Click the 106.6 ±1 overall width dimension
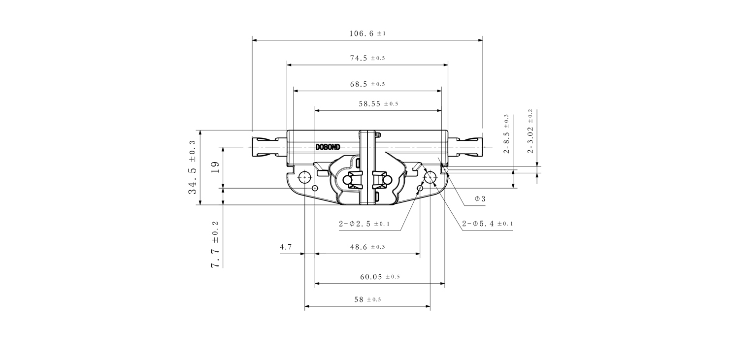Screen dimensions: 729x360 click(x=367, y=33)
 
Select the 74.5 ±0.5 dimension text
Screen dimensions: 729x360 click(x=367, y=58)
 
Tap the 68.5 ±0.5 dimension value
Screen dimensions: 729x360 click(x=367, y=84)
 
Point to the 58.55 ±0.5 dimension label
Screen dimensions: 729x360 click(x=378, y=104)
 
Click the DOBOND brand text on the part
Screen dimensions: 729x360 click(x=328, y=147)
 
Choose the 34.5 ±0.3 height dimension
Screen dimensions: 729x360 click(x=192, y=167)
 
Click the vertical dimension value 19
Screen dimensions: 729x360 click(x=215, y=167)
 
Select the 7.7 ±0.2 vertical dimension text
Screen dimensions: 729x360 click(x=215, y=244)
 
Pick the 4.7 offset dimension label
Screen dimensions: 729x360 click(x=286, y=247)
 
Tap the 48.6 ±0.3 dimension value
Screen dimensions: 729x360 click(x=367, y=247)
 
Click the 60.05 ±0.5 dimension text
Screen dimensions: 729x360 click(x=380, y=277)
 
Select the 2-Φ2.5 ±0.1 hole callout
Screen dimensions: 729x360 click(x=364, y=224)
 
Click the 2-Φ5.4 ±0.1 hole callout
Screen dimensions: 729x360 click(x=488, y=224)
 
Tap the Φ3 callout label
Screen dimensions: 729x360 click(x=480, y=199)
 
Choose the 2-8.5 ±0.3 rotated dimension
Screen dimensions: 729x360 click(x=506, y=134)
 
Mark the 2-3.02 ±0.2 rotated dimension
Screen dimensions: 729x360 click(x=530, y=131)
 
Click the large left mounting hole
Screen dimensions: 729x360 click(x=304, y=177)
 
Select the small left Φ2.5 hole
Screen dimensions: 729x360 click(x=315, y=188)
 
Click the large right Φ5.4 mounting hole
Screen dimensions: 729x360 click(x=430, y=177)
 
